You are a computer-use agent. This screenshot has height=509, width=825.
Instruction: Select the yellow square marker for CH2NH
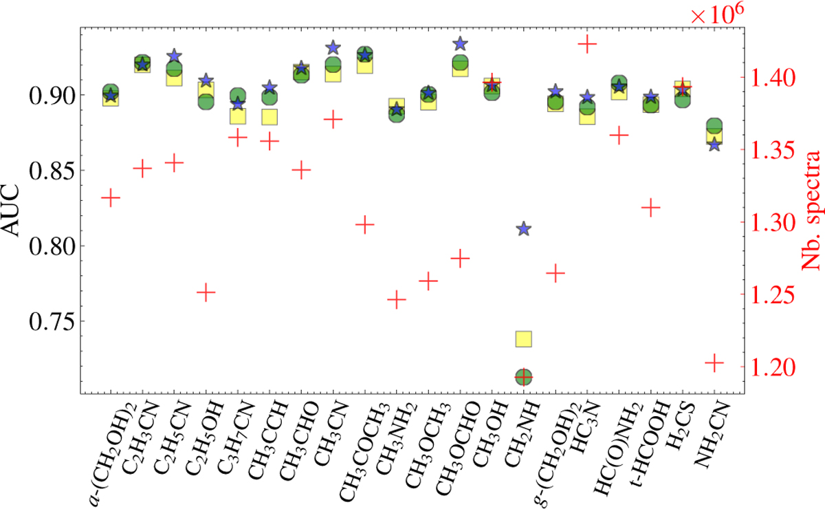click(x=523, y=338)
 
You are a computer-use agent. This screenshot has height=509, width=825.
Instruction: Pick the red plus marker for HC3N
click(x=587, y=45)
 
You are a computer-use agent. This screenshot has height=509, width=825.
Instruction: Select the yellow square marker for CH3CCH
click(x=269, y=117)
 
